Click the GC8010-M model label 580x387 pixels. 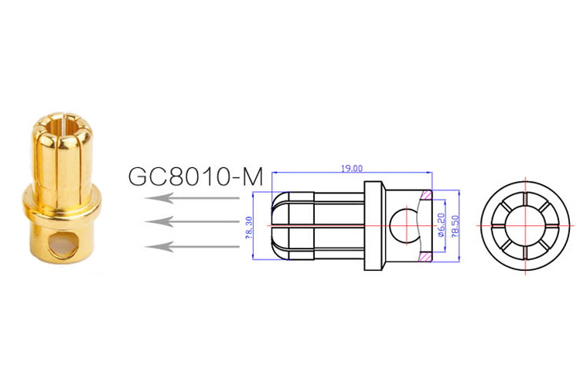coord(196,176)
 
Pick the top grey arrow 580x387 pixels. coord(193,199)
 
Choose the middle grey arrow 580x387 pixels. coord(193,222)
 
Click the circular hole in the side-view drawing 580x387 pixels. coord(402,225)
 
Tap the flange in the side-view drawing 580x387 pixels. coord(374,225)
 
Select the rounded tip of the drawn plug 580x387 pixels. coord(277,225)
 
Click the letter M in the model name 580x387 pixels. coord(252,176)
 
